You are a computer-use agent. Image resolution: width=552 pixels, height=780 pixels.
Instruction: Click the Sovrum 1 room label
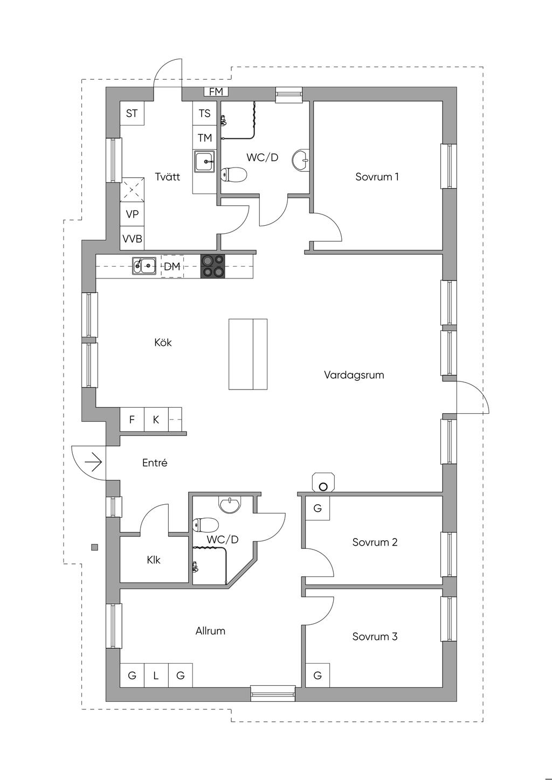pos(377,177)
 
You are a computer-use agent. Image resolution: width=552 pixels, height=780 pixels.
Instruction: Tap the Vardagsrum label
pos(354,375)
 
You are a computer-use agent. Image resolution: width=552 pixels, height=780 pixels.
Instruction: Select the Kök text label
pos(163,342)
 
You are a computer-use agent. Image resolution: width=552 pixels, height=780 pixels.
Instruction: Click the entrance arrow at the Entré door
pos(93,462)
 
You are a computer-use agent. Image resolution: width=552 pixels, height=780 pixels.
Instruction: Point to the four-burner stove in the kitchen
pos(212,267)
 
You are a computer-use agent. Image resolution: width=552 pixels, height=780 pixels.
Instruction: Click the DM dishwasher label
pos(172,267)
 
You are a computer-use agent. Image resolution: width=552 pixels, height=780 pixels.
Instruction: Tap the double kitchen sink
pos(144,267)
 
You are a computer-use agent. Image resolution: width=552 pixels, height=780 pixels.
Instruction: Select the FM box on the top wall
pos(216,92)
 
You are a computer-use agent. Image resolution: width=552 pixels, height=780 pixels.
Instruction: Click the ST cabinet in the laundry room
pos(132,113)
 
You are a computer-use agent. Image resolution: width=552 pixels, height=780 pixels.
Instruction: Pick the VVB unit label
pos(132,239)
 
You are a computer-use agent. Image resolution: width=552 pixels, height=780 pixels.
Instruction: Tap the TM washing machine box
pos(205,138)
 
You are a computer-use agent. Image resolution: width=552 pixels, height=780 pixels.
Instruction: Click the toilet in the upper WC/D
pos(234,174)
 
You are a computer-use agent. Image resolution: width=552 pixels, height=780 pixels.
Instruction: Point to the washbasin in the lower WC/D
pos(230,505)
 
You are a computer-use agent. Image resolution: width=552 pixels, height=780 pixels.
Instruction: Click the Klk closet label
pos(154,560)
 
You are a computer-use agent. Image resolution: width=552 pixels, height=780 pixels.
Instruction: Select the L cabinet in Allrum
pos(156,675)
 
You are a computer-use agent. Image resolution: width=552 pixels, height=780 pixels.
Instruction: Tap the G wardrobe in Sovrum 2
pos(318,508)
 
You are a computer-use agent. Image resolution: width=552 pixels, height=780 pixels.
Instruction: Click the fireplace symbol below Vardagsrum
pos(323,482)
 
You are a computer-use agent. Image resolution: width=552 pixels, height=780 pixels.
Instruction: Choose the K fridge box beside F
pos(156,420)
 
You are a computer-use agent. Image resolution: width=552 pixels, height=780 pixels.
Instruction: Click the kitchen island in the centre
pos(248,354)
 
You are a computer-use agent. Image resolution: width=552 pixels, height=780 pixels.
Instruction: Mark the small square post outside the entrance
pos(94,547)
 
